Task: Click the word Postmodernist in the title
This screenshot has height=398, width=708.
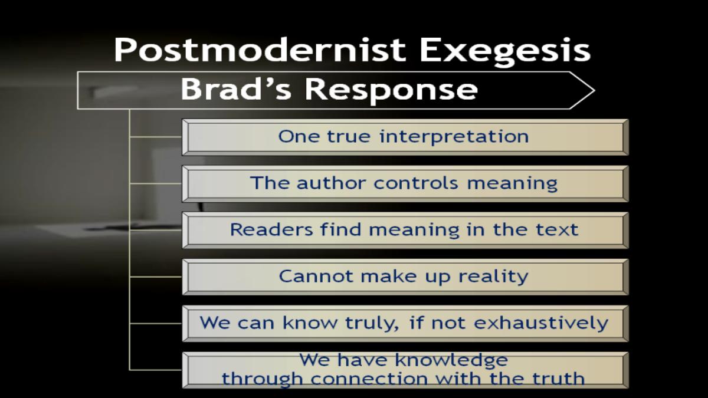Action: (260, 50)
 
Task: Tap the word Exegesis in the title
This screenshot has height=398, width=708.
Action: (505, 52)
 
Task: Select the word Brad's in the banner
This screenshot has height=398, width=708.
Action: (236, 90)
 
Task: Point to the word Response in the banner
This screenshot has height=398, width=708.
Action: (391, 91)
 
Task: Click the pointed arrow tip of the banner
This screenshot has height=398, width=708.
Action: (595, 91)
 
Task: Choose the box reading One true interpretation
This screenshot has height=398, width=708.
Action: (405, 137)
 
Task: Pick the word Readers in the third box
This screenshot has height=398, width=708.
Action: (271, 229)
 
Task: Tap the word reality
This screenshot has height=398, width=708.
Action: (493, 277)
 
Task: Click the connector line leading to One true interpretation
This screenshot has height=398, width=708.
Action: (156, 137)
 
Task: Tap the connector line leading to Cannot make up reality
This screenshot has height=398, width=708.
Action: (156, 277)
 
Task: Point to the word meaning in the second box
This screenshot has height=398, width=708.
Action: (512, 184)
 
